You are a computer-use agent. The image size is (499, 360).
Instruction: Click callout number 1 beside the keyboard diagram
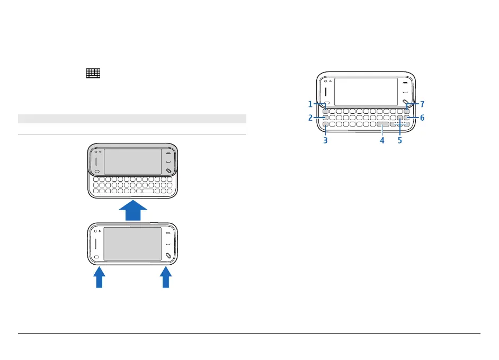tap(311, 104)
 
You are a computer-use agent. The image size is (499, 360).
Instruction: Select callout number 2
tap(311, 118)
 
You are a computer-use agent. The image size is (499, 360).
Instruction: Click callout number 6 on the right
tap(422, 118)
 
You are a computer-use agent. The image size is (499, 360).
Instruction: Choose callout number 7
tap(422, 104)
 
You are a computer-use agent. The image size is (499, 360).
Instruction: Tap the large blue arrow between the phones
tap(133, 210)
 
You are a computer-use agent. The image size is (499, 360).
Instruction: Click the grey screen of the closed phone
tap(132, 244)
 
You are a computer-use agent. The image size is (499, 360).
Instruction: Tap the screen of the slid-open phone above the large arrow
tap(132, 161)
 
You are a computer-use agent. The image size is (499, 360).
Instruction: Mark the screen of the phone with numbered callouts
tap(366, 92)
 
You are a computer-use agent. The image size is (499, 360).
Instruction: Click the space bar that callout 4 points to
tap(382, 125)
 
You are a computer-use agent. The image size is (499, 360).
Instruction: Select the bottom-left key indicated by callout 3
tap(325, 125)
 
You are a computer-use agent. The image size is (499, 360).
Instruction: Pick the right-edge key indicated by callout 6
tap(407, 118)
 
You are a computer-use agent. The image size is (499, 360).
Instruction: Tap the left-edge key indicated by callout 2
tap(325, 118)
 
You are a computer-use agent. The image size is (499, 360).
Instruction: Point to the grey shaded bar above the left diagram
tap(132, 119)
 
